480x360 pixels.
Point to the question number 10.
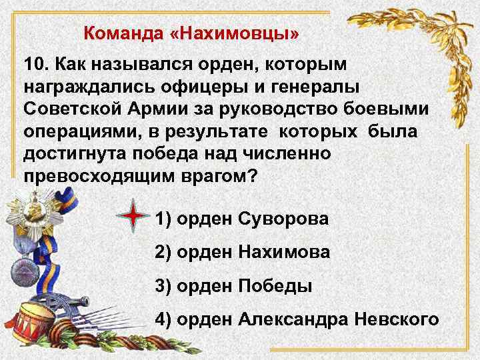tap(35, 65)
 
